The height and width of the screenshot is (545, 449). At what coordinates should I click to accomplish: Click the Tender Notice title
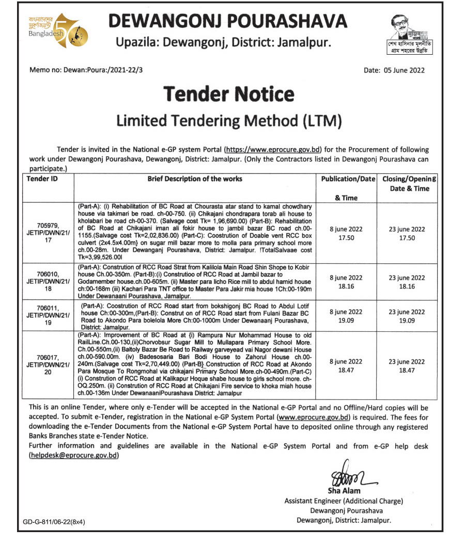229,94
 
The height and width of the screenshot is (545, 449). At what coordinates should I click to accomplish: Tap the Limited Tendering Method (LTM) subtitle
229,120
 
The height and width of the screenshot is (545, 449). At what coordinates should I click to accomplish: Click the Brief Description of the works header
195,179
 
